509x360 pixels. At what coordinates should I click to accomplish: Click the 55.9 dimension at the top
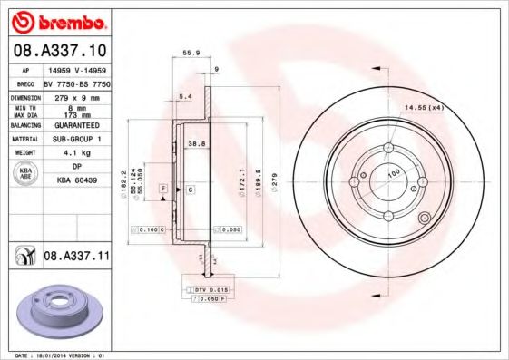pyautogui.click(x=191, y=54)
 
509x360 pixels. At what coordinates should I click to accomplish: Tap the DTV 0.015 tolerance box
pyautogui.click(x=210, y=287)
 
